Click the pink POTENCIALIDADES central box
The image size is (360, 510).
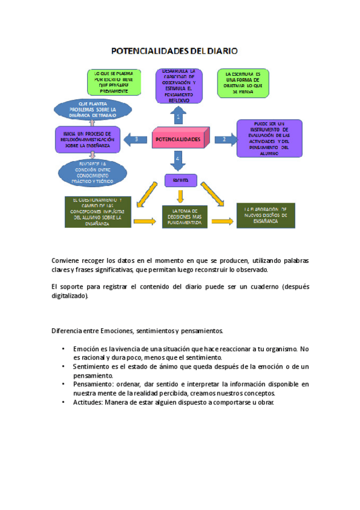pos(178,139)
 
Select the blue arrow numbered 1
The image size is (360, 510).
pos(178,114)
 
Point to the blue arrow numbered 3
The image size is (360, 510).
pos(136,140)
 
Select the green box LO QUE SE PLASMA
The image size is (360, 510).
pos(114,82)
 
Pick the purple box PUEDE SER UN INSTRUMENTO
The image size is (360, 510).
pos(267,138)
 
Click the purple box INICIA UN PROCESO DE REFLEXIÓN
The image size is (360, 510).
pos(87,138)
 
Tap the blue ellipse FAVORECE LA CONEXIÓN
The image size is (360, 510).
pos(93,172)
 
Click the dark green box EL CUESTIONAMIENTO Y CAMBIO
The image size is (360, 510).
pos(97,212)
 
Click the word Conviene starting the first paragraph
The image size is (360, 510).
pos(66,261)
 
